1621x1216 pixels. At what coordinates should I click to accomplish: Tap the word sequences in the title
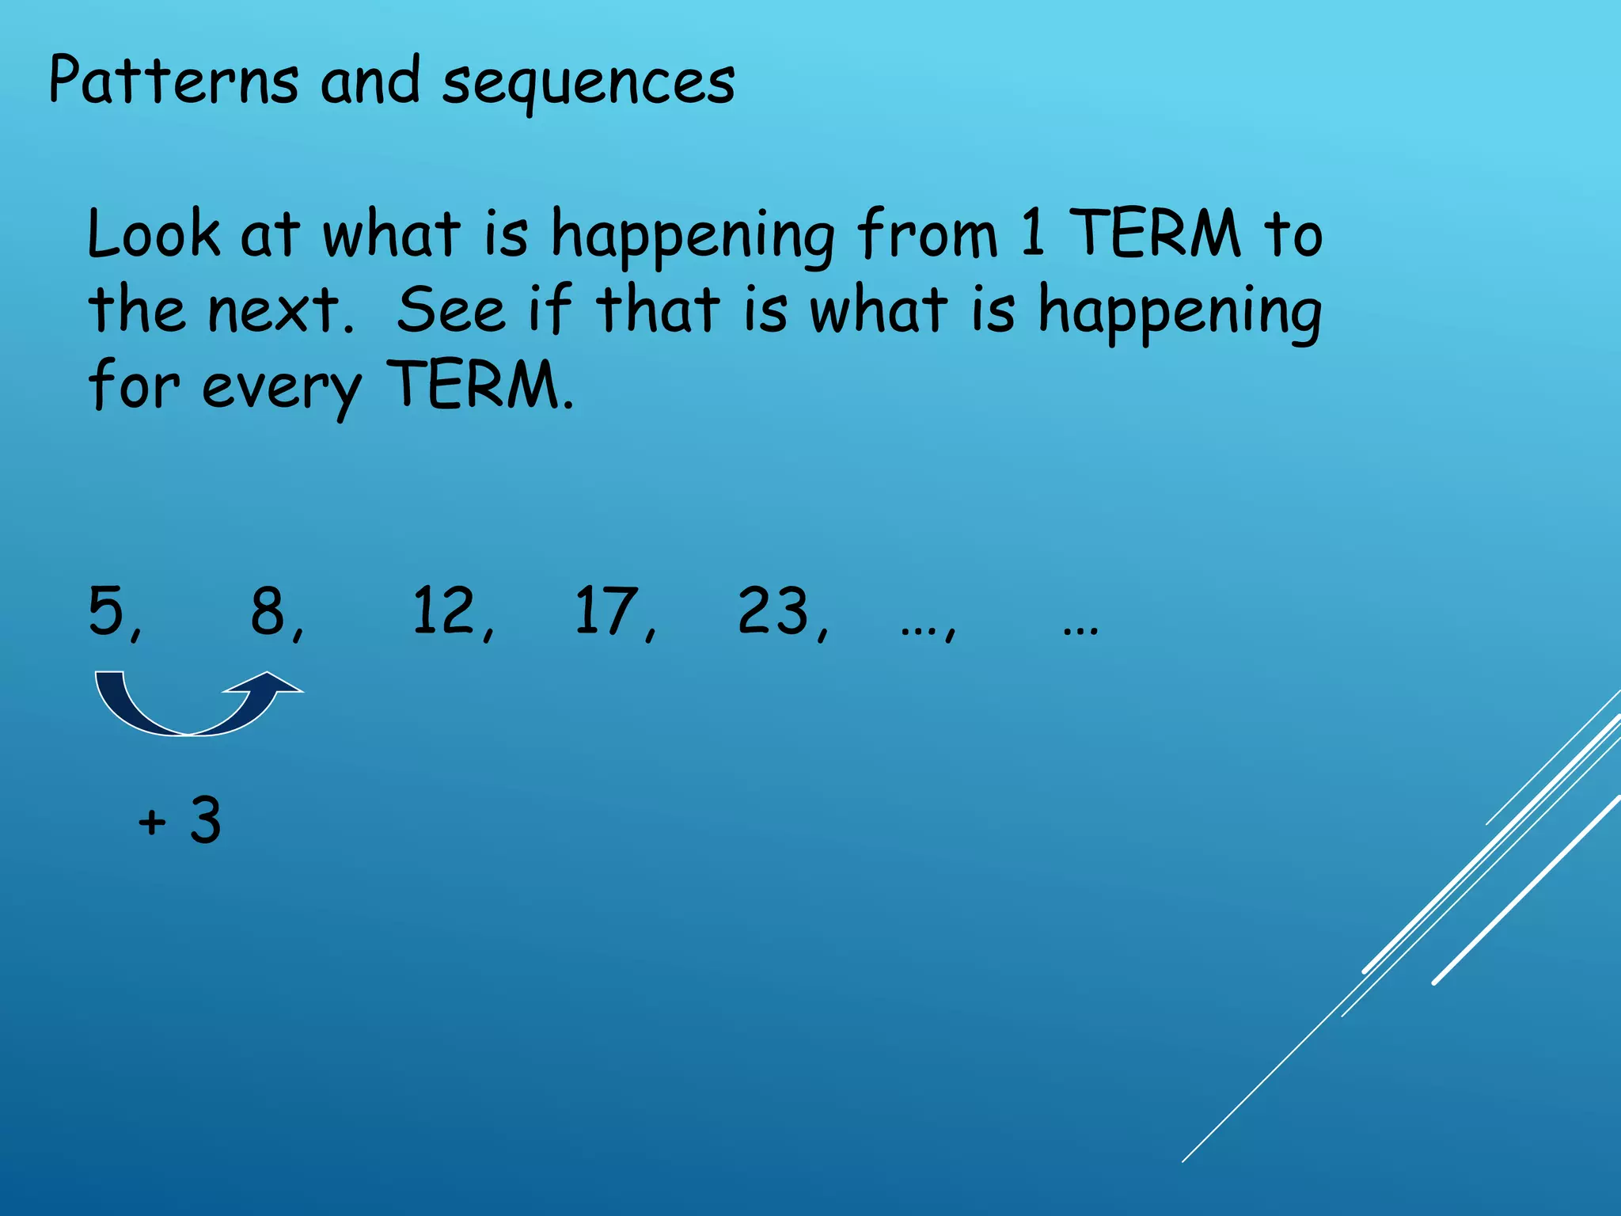click(x=588, y=83)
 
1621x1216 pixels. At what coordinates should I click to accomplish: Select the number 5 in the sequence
click(x=107, y=610)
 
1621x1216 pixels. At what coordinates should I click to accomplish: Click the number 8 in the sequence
click(x=268, y=610)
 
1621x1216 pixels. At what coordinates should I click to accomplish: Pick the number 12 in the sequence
click(x=443, y=610)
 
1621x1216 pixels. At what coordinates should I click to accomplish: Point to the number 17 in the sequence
click(x=606, y=610)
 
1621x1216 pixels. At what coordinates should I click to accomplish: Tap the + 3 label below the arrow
click(x=180, y=820)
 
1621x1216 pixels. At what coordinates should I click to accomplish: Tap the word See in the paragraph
click(x=450, y=310)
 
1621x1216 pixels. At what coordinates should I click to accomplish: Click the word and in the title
click(x=370, y=81)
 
